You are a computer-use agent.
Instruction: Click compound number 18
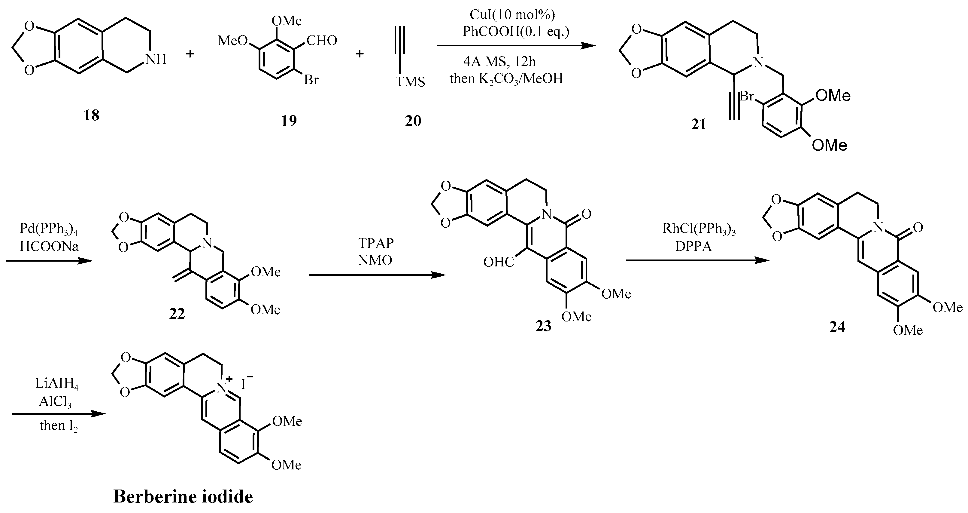91,115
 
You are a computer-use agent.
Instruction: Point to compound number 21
699,124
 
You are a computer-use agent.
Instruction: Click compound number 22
177,314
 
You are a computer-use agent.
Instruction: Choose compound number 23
543,326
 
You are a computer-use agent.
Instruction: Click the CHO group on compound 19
322,41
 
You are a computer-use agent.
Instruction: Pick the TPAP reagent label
376,243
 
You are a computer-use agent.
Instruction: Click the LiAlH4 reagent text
57,384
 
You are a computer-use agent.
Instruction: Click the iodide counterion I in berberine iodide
244,384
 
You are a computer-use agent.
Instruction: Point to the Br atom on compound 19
311,80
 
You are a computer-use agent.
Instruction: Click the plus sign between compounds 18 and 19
190,54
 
